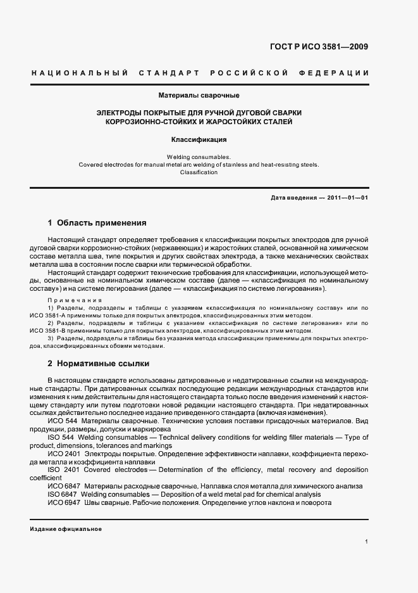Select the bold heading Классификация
(x=199, y=139)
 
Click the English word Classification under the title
(x=199, y=172)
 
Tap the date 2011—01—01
(x=347, y=198)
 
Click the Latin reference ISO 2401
(x=61, y=470)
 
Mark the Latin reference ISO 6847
(x=61, y=494)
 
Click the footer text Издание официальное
(x=66, y=529)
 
